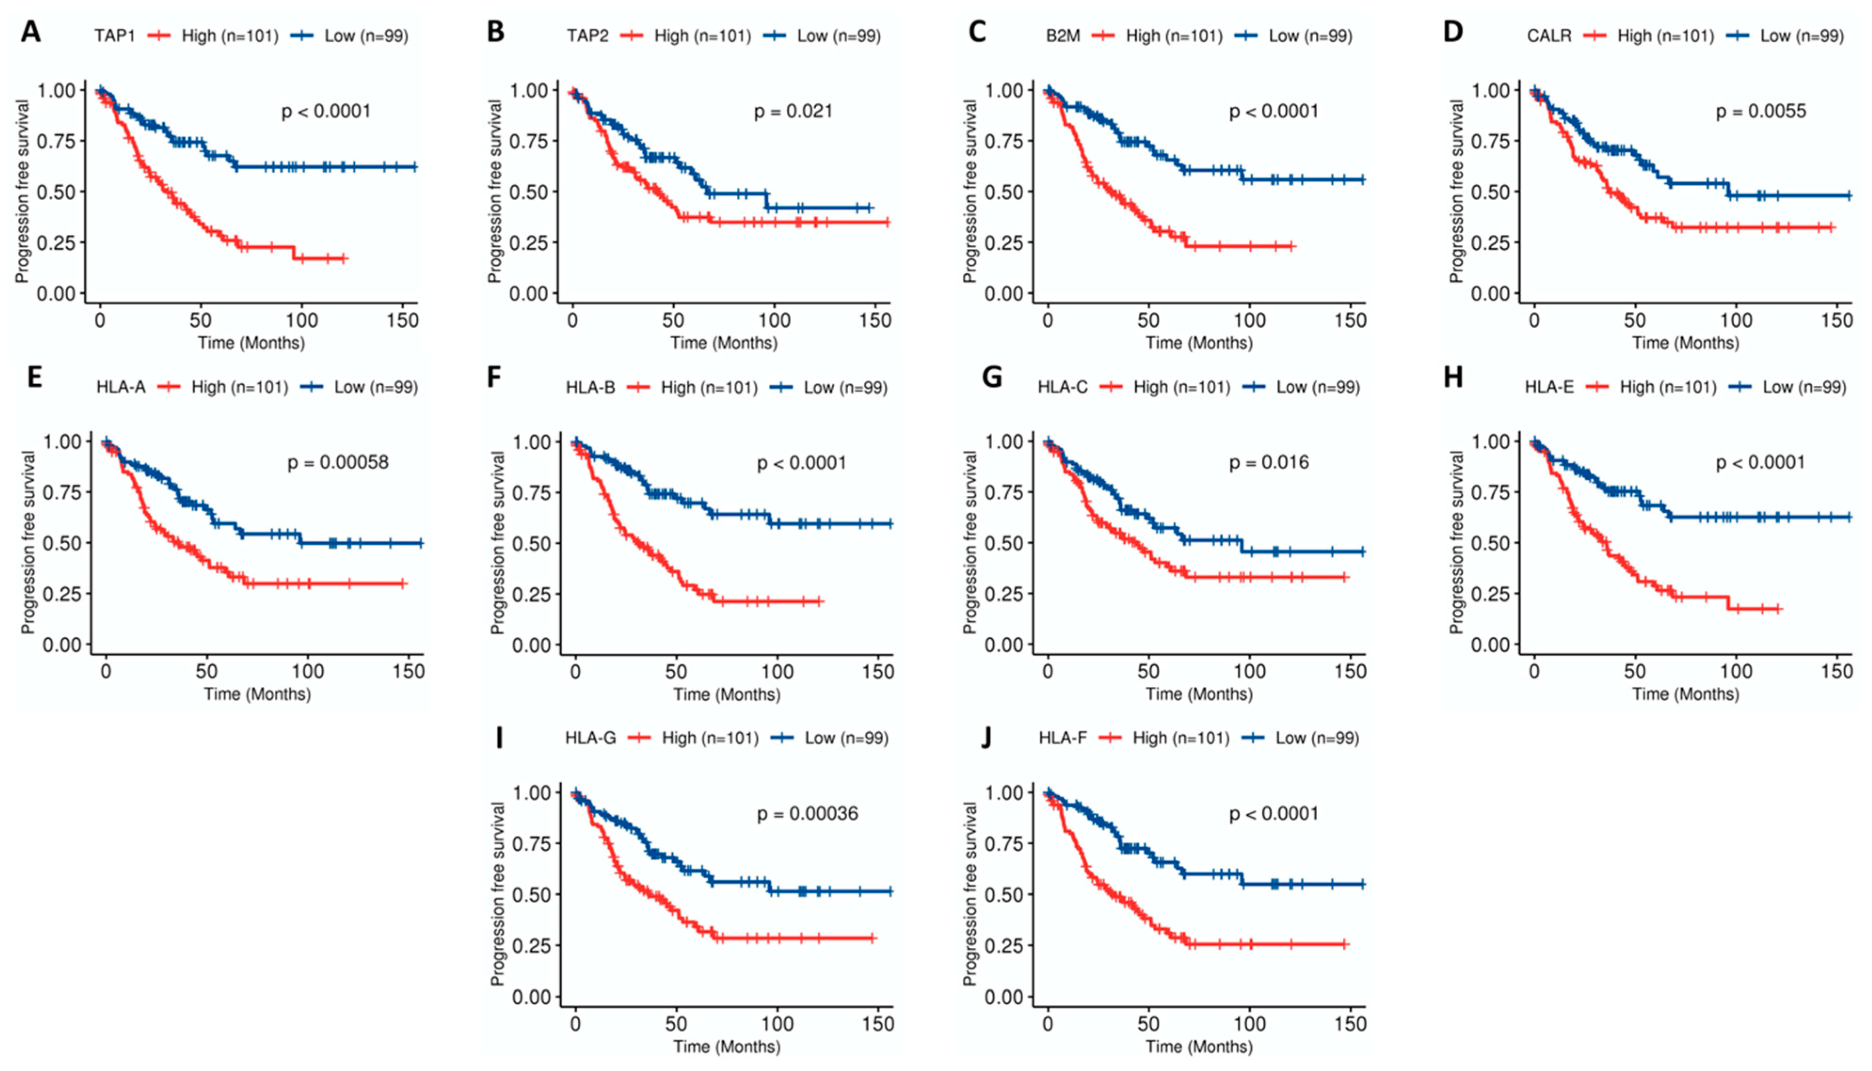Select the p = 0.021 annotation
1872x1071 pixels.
(x=793, y=111)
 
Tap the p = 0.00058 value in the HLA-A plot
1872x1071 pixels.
(x=338, y=463)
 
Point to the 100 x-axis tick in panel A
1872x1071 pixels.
(x=302, y=321)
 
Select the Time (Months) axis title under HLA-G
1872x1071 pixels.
(x=727, y=1046)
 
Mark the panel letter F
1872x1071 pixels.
(x=494, y=377)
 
